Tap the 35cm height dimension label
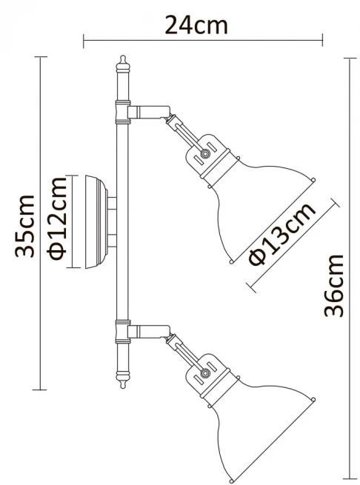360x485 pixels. [x=24, y=226]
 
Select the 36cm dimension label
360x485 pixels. [x=333, y=286]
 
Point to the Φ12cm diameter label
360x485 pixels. [x=57, y=218]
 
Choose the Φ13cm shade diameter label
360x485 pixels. [x=282, y=234]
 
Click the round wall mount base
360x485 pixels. [x=96, y=222]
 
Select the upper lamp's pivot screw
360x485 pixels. [x=204, y=153]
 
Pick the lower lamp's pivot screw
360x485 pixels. [x=204, y=373]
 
